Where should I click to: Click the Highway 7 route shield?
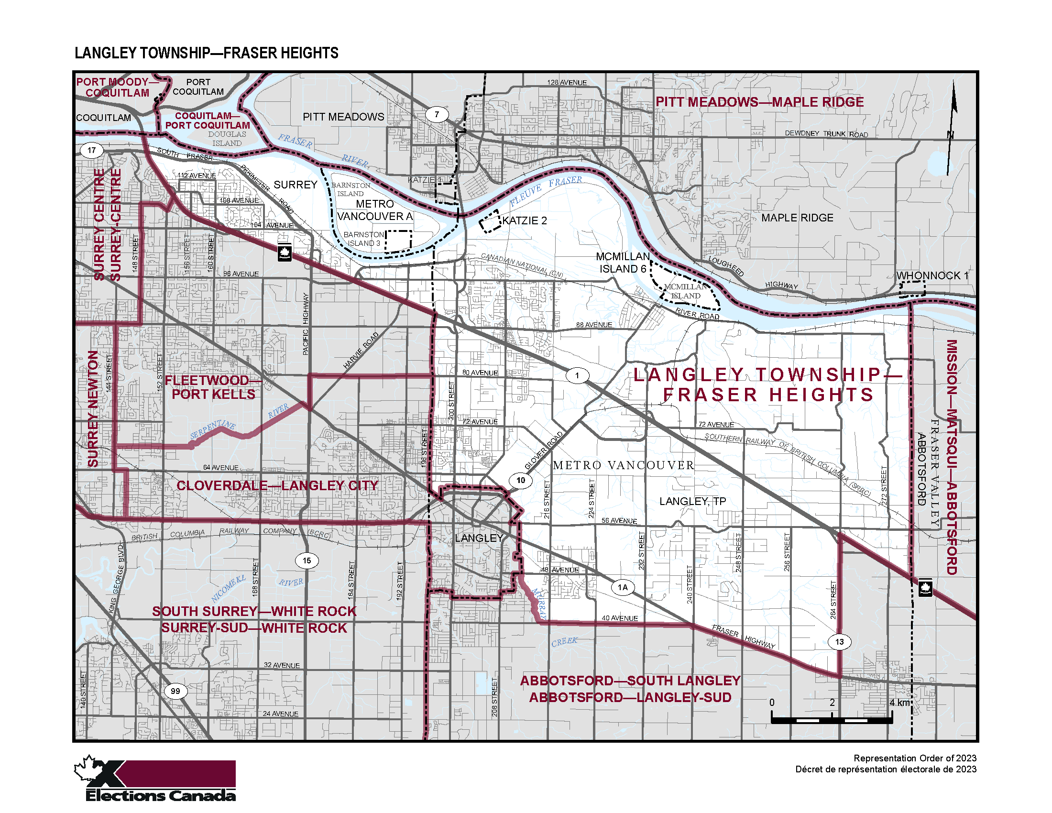(x=437, y=115)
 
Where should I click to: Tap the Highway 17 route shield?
(x=91, y=150)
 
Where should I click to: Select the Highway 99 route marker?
(x=175, y=691)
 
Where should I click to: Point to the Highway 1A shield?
(x=622, y=587)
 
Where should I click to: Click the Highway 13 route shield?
(x=839, y=641)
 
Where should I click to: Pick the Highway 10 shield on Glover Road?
(x=521, y=480)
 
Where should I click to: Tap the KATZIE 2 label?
(x=525, y=220)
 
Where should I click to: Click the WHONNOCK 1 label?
(x=931, y=275)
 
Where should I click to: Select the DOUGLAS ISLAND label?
(x=227, y=139)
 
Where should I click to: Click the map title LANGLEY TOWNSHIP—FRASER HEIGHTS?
(x=206, y=53)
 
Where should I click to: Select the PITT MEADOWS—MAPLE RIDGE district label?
(x=759, y=102)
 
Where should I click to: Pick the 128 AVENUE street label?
(x=567, y=82)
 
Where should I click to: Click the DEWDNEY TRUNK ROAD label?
(x=826, y=134)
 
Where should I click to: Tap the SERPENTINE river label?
(x=212, y=429)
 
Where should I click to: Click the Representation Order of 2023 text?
(x=915, y=758)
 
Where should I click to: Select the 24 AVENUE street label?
(x=280, y=714)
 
